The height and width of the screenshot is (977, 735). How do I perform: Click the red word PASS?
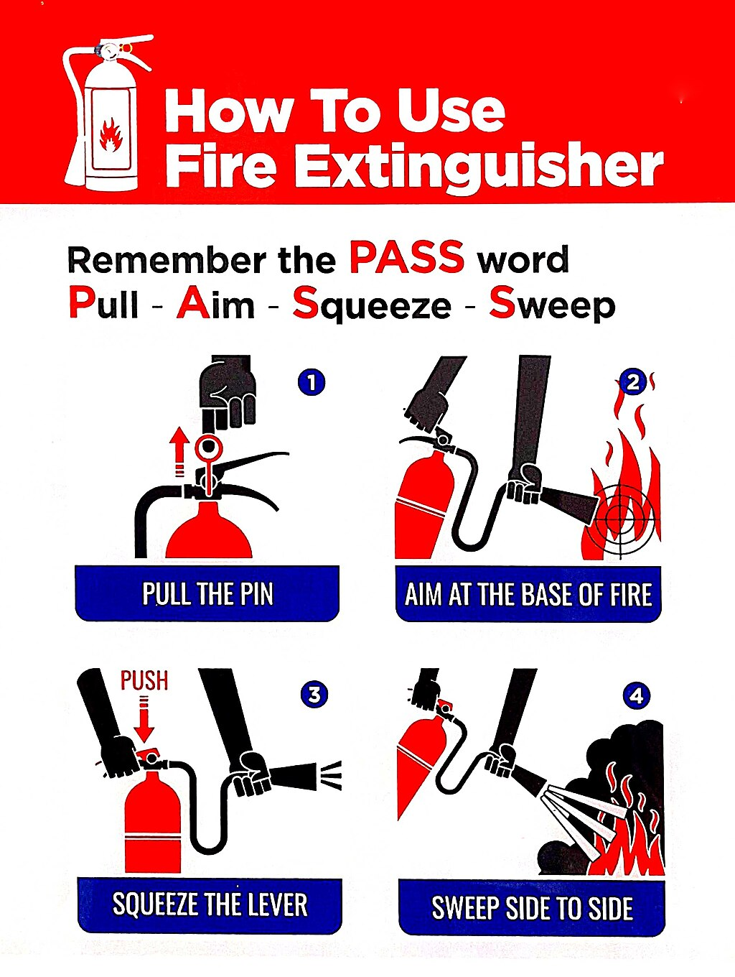(x=407, y=257)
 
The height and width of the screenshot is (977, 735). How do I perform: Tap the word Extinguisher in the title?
(x=479, y=167)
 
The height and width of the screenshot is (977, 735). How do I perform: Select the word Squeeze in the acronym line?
(x=371, y=305)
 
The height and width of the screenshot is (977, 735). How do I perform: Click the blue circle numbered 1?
(x=312, y=382)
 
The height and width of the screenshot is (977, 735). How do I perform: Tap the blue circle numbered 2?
(x=632, y=382)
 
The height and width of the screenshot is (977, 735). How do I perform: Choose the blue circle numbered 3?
(x=314, y=695)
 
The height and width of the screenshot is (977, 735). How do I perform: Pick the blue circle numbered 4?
(x=636, y=695)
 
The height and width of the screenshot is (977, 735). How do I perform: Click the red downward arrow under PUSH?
(x=144, y=720)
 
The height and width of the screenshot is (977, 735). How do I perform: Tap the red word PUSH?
(x=144, y=680)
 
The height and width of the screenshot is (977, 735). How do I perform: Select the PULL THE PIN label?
(x=207, y=594)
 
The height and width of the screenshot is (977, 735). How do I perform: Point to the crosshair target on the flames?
(x=620, y=517)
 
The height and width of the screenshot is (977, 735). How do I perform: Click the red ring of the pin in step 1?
(x=210, y=448)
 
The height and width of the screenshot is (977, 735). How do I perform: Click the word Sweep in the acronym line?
(x=551, y=305)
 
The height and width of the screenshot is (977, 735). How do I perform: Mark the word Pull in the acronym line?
(x=103, y=304)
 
